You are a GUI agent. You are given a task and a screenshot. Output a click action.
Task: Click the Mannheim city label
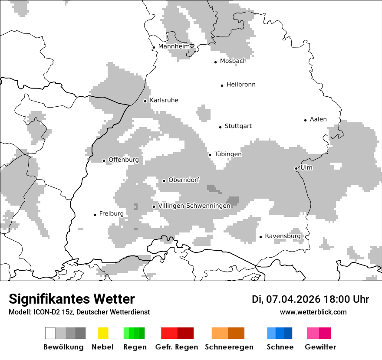click(174, 46)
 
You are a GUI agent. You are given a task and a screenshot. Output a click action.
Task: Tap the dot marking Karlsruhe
click(145, 101)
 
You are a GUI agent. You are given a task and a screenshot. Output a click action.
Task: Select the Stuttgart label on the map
click(238, 126)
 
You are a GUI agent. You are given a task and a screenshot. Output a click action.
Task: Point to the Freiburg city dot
click(95, 215)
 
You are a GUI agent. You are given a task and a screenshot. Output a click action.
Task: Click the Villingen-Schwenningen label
click(194, 206)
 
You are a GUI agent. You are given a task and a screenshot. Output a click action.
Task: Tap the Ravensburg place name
click(283, 236)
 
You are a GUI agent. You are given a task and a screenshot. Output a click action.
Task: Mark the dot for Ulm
click(296, 168)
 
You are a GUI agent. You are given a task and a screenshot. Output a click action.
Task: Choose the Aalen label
click(318, 119)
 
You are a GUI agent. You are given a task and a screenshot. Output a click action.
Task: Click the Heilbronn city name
click(241, 85)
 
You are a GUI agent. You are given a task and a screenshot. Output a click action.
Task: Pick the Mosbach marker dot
click(215, 62)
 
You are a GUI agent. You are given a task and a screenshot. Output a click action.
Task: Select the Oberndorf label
click(184, 180)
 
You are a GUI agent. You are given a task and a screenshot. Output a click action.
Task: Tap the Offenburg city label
click(123, 160)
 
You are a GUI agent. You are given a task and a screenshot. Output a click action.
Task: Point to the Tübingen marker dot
click(210, 155)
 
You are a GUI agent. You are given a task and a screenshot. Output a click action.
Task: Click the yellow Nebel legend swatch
click(103, 333)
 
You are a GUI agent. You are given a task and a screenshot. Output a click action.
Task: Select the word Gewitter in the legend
click(320, 347)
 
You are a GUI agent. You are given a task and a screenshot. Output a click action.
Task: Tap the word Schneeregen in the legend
click(229, 347)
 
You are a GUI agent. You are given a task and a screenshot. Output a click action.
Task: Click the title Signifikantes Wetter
click(72, 299)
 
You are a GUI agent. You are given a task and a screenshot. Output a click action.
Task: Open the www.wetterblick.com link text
click(313, 312)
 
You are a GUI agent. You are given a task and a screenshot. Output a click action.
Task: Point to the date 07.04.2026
click(293, 299)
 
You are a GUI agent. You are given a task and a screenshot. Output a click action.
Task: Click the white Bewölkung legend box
click(50, 333)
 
